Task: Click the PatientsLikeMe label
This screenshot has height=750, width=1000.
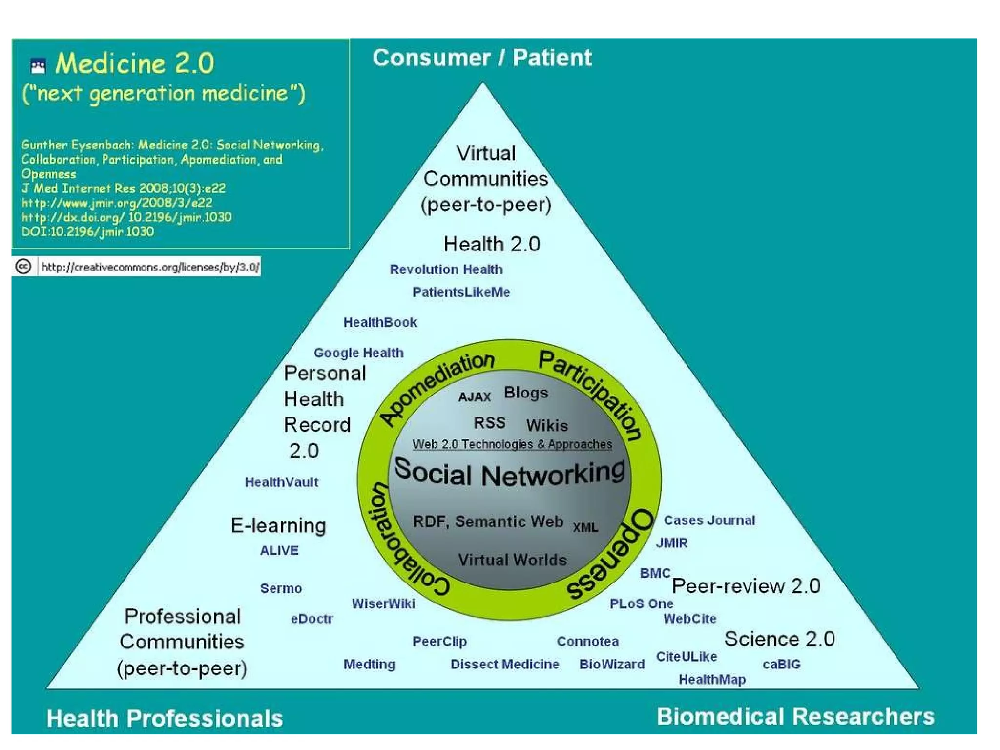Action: coord(461,292)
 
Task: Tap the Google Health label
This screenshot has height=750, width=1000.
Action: coord(358,353)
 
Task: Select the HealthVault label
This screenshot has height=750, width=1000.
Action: coord(281,482)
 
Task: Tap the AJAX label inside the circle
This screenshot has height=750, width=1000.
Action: coord(474,397)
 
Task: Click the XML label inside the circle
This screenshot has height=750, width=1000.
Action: coord(585,527)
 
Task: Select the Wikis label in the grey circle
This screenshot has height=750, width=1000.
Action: coord(547,425)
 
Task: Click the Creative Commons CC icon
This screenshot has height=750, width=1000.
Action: coord(23,267)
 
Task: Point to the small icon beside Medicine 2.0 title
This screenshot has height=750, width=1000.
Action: coord(38,65)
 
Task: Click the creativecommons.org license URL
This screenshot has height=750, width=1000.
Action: coord(150,267)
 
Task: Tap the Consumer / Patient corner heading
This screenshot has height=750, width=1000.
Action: coord(482,58)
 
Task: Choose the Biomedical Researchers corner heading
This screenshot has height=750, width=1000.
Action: coord(795,717)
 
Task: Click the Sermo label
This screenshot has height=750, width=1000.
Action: coord(281,588)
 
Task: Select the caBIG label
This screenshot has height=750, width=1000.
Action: coord(781,664)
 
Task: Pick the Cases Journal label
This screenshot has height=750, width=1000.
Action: coord(709,520)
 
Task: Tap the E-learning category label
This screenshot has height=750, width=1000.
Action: coord(278,525)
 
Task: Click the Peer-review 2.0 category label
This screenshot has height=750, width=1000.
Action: coord(746,586)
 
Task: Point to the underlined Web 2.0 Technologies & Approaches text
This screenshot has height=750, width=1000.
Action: coord(512,444)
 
